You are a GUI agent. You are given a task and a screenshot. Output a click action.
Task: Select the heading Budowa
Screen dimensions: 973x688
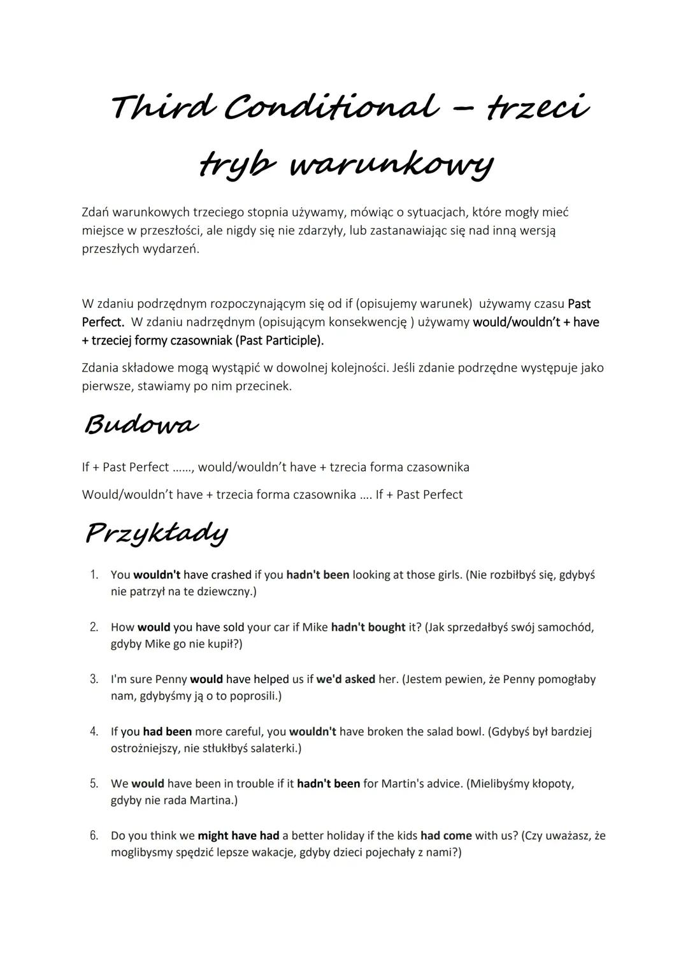141,424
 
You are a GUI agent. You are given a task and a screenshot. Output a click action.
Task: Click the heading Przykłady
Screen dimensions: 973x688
156,533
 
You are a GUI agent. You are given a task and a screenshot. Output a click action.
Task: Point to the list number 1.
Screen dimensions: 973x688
94,575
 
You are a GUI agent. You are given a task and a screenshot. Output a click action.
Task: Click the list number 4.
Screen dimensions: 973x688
94,732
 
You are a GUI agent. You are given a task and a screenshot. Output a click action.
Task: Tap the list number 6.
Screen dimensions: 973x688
94,835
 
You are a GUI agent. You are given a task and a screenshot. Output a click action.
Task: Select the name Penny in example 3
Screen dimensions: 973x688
171,679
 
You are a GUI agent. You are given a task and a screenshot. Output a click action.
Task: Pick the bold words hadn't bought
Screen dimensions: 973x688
368,627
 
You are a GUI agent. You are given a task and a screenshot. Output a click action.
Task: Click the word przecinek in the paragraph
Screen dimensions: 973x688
264,386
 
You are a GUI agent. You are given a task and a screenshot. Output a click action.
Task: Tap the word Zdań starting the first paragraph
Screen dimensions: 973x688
96,212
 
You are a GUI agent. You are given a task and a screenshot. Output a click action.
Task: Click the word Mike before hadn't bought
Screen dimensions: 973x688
315,627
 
